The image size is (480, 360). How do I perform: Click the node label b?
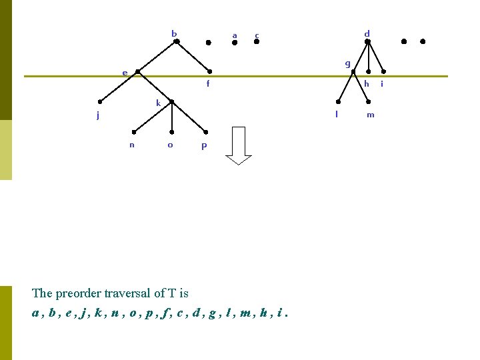point(174,33)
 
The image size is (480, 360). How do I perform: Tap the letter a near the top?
point(234,35)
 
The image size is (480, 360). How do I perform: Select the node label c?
point(257,35)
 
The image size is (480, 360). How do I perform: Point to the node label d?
point(367,33)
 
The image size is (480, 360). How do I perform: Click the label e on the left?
point(125,73)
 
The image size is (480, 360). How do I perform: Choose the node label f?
point(208,84)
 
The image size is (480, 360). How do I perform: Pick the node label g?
point(347,63)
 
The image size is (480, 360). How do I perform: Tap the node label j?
point(97,115)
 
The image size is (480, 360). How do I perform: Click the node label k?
point(159,103)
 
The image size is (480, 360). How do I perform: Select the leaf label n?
point(132,145)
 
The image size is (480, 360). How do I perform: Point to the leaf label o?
point(170,145)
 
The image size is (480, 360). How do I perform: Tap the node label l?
point(337,113)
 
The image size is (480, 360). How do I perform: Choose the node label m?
point(371,115)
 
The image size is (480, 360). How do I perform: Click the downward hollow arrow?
point(238,145)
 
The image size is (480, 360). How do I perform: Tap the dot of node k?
point(172,102)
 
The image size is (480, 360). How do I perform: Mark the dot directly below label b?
point(177,41)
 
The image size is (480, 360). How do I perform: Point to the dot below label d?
point(367,41)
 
